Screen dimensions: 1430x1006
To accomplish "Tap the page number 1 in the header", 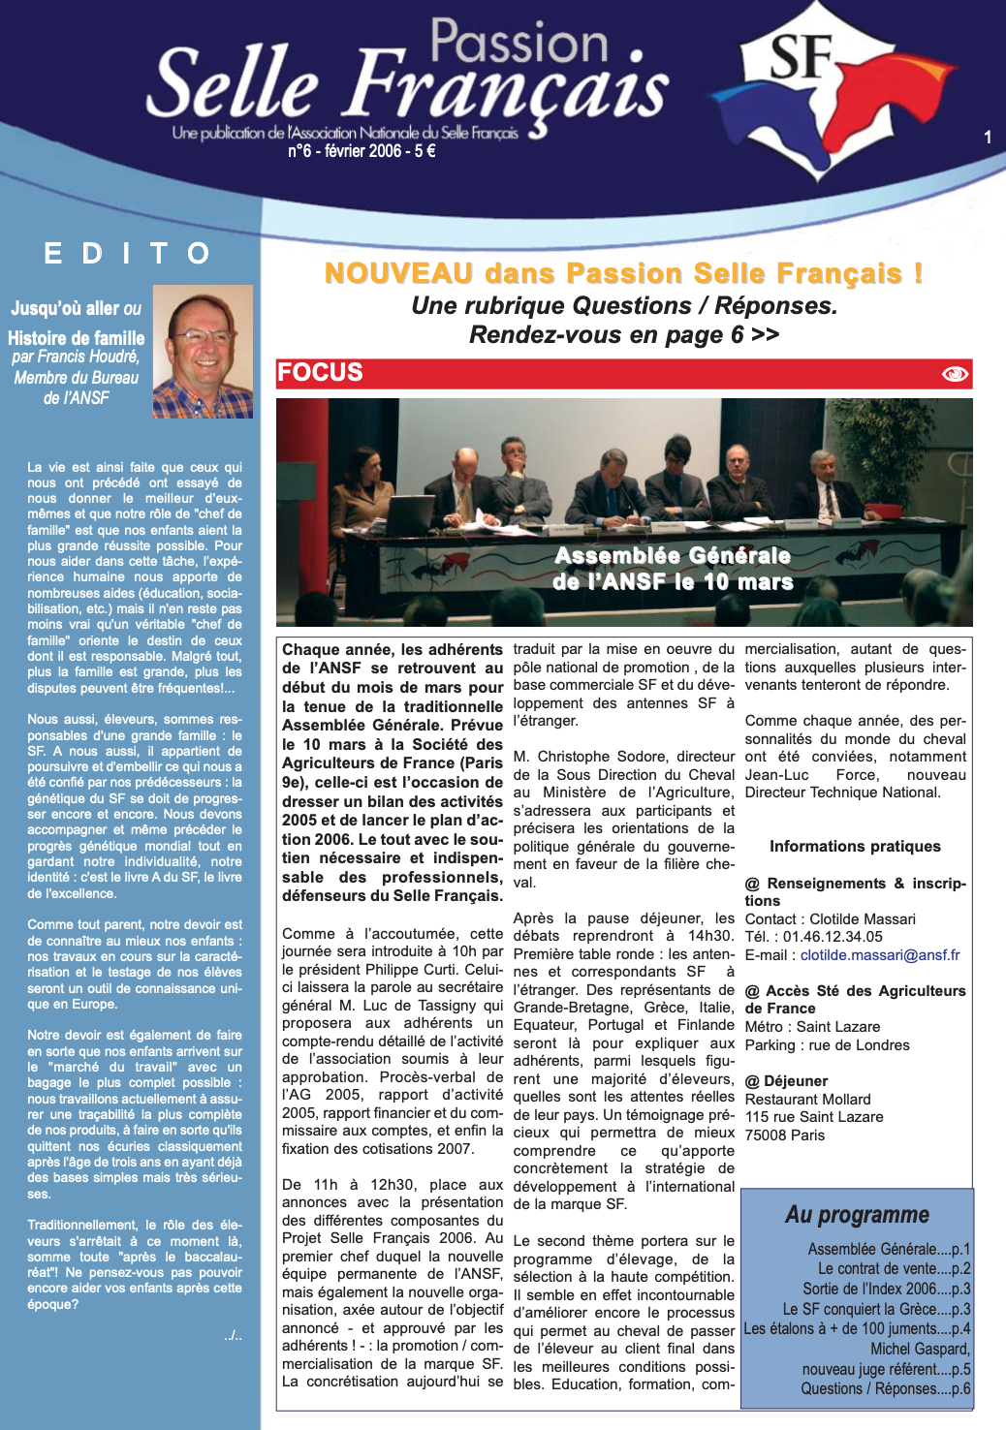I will pyautogui.click(x=987, y=138).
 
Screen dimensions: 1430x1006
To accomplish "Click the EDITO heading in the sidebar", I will pyautogui.click(x=127, y=254).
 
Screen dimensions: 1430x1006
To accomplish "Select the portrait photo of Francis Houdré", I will pyautogui.click(x=203, y=352).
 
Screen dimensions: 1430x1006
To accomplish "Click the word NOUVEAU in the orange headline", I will pyautogui.click(x=398, y=274).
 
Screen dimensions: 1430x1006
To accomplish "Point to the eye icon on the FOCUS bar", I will pyautogui.click(x=955, y=374).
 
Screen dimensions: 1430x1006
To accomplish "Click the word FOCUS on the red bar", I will pyautogui.click(x=320, y=373).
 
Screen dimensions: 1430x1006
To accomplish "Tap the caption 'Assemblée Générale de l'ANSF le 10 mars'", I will pyautogui.click(x=673, y=569).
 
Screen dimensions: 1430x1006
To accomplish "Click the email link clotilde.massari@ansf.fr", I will pyautogui.click(x=880, y=955).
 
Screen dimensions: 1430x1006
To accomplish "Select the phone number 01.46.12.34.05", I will pyautogui.click(x=832, y=937).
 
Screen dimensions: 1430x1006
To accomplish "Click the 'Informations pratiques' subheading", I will pyautogui.click(x=855, y=847).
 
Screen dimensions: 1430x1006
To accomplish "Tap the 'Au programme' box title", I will pyautogui.click(x=857, y=1215).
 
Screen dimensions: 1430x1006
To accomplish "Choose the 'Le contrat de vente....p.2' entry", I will pyautogui.click(x=894, y=1269).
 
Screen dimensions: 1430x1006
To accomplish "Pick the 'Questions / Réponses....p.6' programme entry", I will pyautogui.click(x=885, y=1389).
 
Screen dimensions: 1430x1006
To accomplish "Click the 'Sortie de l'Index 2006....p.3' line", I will pyautogui.click(x=886, y=1290).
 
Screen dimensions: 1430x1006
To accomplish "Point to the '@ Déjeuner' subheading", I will pyautogui.click(x=786, y=1081).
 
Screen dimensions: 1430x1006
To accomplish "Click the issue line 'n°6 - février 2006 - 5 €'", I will pyautogui.click(x=362, y=151).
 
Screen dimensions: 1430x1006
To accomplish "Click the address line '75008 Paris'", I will pyautogui.click(x=785, y=1135).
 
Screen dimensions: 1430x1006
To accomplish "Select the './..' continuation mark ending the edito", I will pyautogui.click(x=233, y=1336).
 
